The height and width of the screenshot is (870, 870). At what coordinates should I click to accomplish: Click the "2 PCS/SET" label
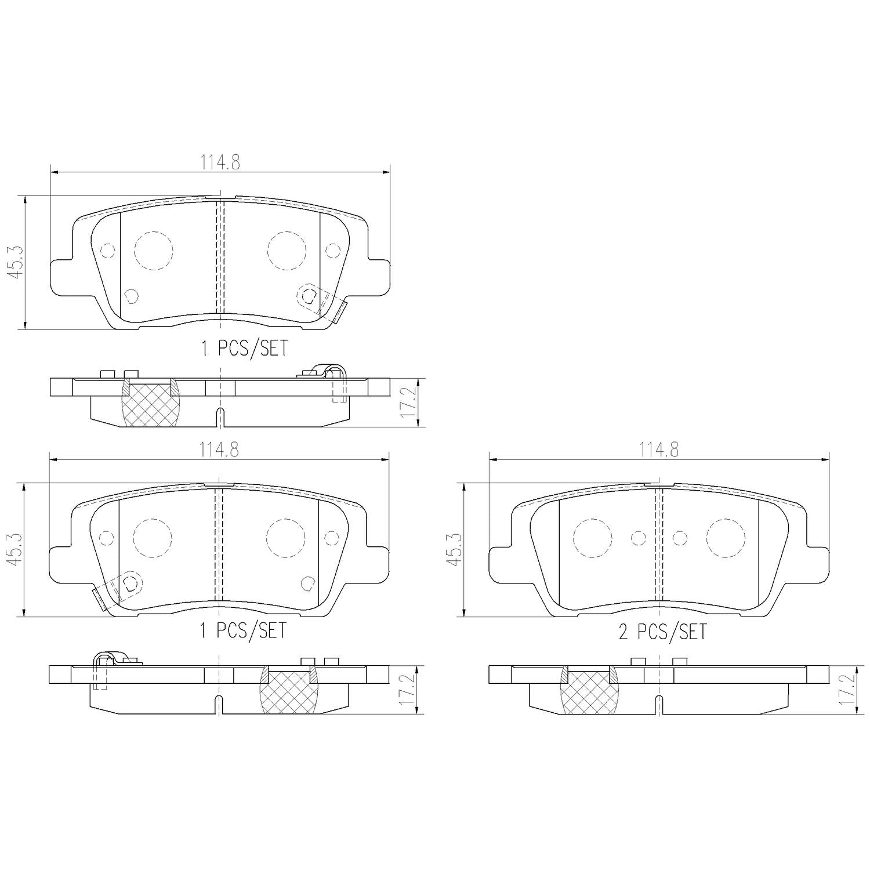coord(663,632)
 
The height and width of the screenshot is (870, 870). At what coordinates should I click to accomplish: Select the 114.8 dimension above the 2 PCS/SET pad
coord(659,449)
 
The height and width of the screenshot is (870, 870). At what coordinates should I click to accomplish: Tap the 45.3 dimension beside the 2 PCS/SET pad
coord(454,550)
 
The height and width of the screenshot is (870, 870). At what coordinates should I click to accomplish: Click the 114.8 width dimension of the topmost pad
coord(220,162)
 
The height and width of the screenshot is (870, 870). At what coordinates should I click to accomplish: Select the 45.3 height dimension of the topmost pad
coord(16,262)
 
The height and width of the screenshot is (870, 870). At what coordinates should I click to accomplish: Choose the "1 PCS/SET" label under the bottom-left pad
coord(244,630)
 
